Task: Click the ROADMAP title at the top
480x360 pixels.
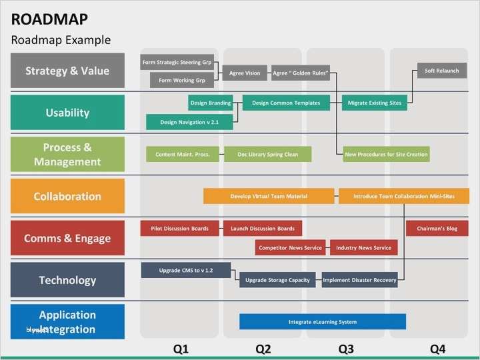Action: (x=49, y=19)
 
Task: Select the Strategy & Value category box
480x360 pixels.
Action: (x=67, y=71)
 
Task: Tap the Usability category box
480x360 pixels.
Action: (x=67, y=113)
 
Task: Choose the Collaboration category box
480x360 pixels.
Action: (x=67, y=196)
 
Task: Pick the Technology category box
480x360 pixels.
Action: (x=67, y=280)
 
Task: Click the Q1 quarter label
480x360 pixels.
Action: (x=181, y=349)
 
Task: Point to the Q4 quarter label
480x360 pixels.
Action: (x=437, y=349)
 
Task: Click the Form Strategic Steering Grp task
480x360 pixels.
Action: (x=177, y=63)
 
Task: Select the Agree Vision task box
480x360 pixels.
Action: (x=245, y=73)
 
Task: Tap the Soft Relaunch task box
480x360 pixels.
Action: (x=442, y=71)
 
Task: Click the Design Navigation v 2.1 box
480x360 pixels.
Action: (x=189, y=122)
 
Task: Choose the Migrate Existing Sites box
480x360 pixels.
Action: (x=375, y=103)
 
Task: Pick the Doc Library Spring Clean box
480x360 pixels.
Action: (x=268, y=154)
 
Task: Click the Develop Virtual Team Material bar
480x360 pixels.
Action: (x=269, y=196)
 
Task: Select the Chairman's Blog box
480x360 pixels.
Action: (x=437, y=229)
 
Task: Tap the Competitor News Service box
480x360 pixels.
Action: (x=290, y=248)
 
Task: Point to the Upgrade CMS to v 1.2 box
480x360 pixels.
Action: (x=186, y=270)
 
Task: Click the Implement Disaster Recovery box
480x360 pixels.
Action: (x=359, y=280)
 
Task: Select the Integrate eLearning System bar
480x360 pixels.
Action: (x=323, y=322)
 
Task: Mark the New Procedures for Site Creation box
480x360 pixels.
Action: (x=386, y=154)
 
